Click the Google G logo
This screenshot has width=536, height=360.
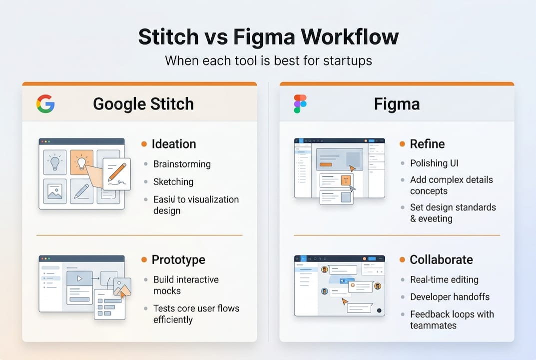[x=45, y=104]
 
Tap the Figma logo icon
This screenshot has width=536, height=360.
[x=300, y=104]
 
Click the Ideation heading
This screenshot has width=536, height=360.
[x=173, y=144]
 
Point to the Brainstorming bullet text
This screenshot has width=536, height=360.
[x=182, y=164]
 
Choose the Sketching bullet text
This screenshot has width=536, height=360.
[x=173, y=181]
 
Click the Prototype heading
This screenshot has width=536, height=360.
[x=178, y=259]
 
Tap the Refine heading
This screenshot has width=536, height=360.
[x=427, y=144]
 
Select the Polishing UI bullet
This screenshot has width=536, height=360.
[x=434, y=163]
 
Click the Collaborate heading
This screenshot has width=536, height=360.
[x=441, y=259]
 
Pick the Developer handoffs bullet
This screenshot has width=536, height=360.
[x=450, y=296]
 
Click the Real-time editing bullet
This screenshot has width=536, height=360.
[x=444, y=279]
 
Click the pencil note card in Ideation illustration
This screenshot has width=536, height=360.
[x=116, y=174]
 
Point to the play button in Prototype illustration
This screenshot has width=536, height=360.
[x=79, y=278]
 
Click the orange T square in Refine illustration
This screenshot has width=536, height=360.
[x=346, y=180]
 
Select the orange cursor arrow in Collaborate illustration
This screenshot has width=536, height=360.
[x=344, y=301]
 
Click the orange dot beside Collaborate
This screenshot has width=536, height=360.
[x=402, y=260]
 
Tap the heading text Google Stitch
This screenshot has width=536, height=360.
[x=143, y=104]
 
